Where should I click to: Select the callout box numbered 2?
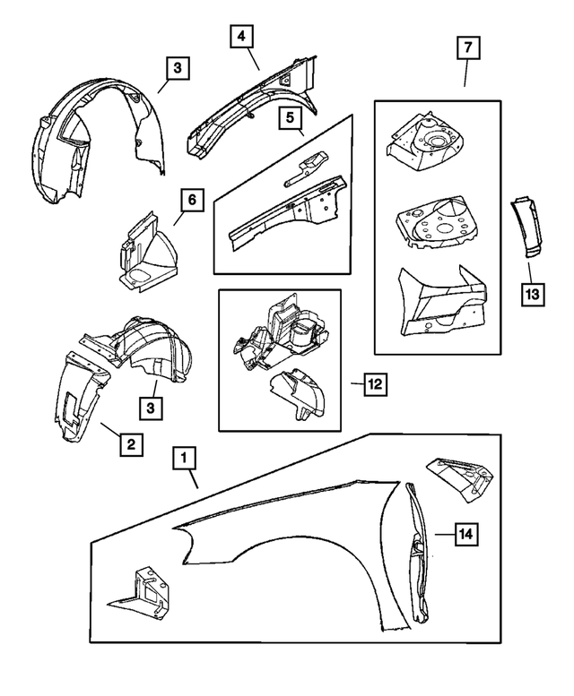pyautogui.click(x=130, y=443)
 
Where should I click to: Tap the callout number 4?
pyautogui.click(x=240, y=38)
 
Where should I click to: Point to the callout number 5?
pyautogui.click(x=290, y=117)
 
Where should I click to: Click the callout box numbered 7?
pyautogui.click(x=469, y=46)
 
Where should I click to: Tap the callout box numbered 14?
pyautogui.click(x=465, y=535)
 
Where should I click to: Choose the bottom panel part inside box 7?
pyautogui.click(x=442, y=301)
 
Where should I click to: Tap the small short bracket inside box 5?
pyautogui.click(x=304, y=167)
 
